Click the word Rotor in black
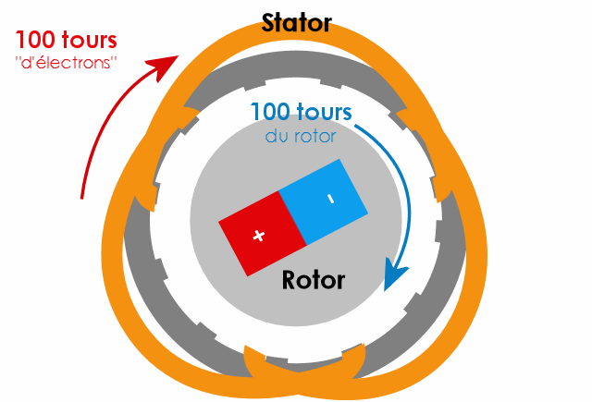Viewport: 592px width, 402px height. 313,279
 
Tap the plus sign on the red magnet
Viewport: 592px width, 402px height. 259,236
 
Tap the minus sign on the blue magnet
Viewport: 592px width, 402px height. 330,199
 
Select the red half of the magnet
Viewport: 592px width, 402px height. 263,234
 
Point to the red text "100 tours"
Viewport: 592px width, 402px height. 67,41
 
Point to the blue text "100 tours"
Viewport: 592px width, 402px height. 302,113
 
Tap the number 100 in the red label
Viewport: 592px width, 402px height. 40,41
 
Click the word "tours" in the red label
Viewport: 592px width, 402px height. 92,41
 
